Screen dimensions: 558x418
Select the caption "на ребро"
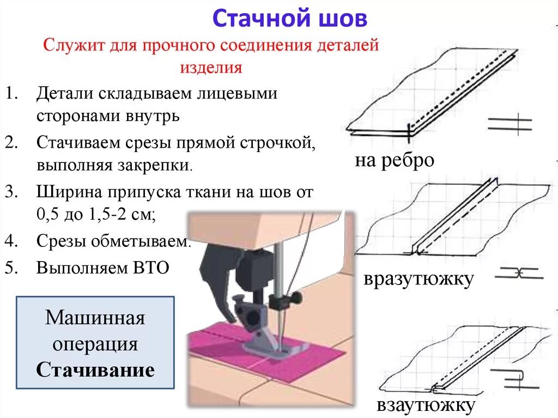pos(395,161)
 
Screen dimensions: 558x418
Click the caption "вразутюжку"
pos(418,279)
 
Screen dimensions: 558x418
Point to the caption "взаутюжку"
pos(426,405)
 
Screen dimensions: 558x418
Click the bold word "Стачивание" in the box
pos(95,371)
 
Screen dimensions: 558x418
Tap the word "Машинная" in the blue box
pos(95,317)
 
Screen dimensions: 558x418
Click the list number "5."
pos(12,268)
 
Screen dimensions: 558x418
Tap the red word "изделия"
pos(210,68)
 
